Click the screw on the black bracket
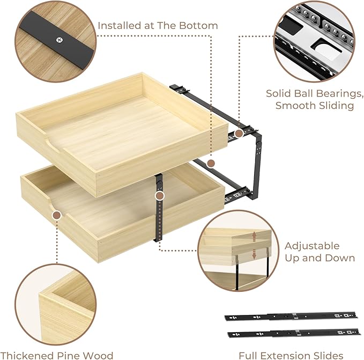[59, 39]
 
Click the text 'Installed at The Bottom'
[158, 25]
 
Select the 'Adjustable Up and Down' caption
[320, 252]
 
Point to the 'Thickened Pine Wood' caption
[57, 355]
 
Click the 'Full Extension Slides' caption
[291, 355]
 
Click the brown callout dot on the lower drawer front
[56, 215]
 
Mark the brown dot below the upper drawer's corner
[211, 162]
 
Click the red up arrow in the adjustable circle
[254, 236]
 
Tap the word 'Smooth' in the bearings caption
[295, 106]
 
